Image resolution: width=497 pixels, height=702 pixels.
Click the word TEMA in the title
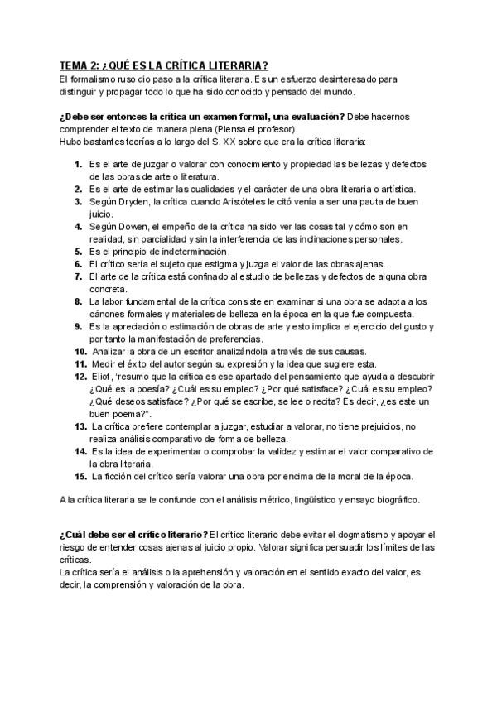(74, 66)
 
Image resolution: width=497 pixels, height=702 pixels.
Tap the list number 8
(78, 301)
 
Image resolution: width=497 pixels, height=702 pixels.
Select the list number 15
(80, 475)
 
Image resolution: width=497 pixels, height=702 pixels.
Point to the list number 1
(78, 164)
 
